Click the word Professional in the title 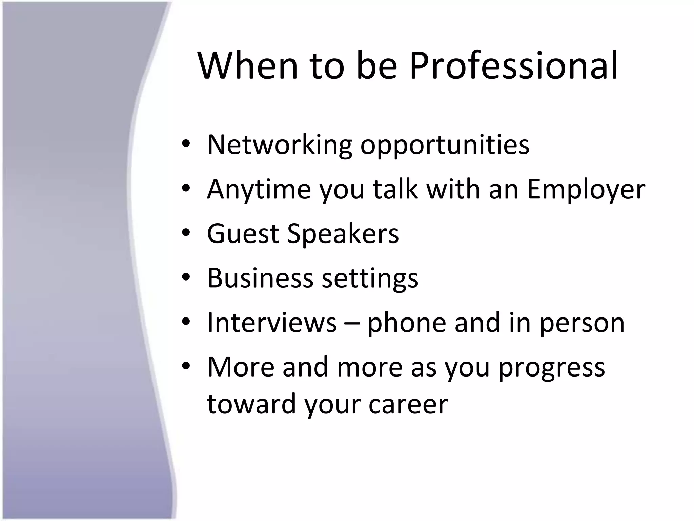point(513,66)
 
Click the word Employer point(586,190)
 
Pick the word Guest point(243,234)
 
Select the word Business point(260,278)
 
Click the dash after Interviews point(352,323)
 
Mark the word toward point(251,404)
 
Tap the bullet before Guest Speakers point(186,233)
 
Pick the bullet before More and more point(186,367)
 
